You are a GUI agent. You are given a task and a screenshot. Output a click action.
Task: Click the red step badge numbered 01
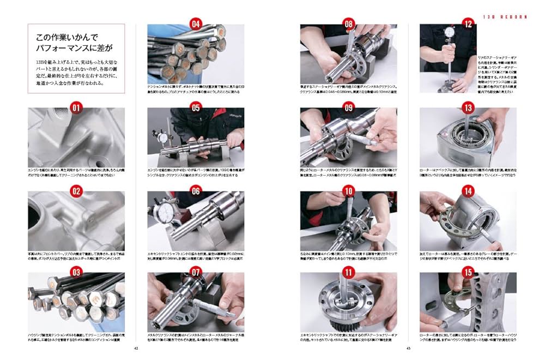pos(76,107)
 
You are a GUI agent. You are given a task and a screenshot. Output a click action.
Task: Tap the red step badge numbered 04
pos(196,24)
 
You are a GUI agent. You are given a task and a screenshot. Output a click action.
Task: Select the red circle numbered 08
pos(348,24)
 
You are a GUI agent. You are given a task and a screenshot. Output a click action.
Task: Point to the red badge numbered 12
pos(468,24)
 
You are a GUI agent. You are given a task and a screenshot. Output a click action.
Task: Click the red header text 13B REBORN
pos(505,17)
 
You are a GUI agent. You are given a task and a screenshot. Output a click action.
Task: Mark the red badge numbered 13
pos(468,107)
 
